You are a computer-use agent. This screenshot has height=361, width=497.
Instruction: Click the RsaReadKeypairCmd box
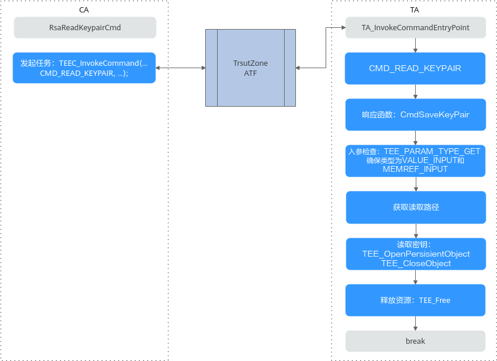[85, 27]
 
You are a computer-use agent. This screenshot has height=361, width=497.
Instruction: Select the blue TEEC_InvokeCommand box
[84, 68]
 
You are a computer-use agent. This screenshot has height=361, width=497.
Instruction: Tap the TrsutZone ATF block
[250, 68]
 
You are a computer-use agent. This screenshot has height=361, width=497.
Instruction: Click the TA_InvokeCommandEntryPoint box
[416, 27]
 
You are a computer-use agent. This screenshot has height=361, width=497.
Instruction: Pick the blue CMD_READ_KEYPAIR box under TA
[415, 68]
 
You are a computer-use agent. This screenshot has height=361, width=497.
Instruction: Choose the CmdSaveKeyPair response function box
[416, 114]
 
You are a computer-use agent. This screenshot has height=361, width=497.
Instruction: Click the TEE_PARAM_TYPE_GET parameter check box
[415, 161]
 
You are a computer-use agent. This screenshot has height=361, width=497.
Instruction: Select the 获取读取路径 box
[416, 207]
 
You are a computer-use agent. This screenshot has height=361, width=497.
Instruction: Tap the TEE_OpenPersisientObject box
[416, 254]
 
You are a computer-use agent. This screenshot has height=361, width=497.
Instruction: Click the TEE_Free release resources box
[415, 300]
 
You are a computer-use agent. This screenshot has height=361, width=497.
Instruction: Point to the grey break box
[415, 341]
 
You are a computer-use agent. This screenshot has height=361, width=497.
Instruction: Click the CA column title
[84, 10]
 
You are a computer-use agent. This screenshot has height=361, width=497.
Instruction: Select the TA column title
[415, 10]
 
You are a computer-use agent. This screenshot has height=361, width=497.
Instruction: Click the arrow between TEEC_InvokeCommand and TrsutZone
[181, 68]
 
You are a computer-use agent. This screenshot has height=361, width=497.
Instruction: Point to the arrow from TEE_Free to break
[415, 323]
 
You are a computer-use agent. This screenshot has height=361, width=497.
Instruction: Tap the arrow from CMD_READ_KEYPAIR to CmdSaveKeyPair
[415, 91]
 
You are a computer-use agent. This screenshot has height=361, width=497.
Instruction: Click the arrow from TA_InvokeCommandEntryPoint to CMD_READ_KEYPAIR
[415, 45]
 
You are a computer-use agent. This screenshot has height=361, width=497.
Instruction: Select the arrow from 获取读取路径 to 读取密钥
[416, 231]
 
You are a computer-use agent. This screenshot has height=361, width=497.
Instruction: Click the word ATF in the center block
[250, 74]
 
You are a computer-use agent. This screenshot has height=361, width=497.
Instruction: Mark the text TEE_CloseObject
[416, 263]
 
